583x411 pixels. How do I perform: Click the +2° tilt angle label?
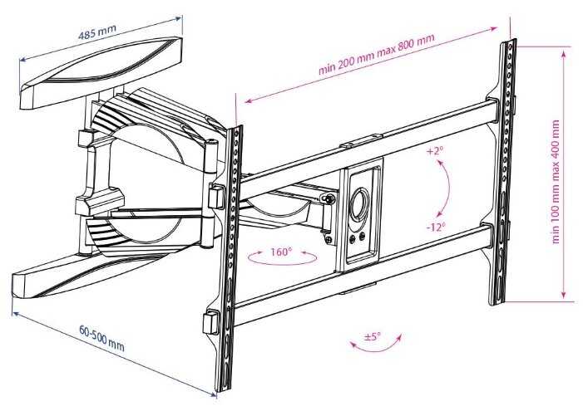(435, 153)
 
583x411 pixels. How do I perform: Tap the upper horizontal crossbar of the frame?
(366, 139)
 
